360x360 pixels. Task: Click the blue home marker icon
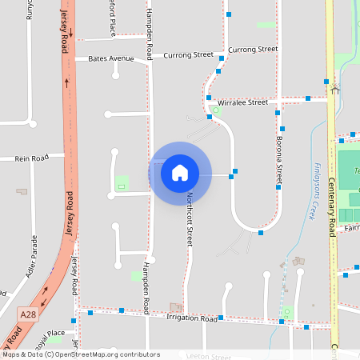pyautogui.click(x=180, y=172)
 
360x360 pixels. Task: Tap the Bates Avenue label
pyautogui.click(x=111, y=58)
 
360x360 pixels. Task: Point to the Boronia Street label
pyautogui.click(x=279, y=156)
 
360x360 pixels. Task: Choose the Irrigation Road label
pyautogui.click(x=192, y=318)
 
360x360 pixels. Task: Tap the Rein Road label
pyautogui.click(x=32, y=158)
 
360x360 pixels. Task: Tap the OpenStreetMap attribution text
pyautogui.click(x=81, y=354)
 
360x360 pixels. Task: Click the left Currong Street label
pyautogui.click(x=188, y=55)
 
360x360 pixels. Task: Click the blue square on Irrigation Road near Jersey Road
pyautogui.click(x=90, y=313)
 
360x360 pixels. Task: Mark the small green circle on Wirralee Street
pyautogui.click(x=215, y=110)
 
